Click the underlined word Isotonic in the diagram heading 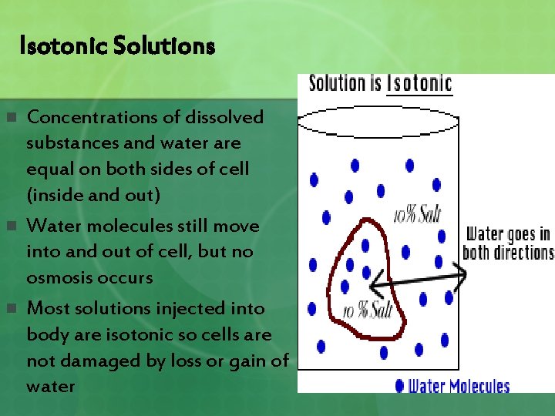[419, 83]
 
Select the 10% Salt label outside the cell [417, 213]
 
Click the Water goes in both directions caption [509, 243]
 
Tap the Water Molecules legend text [459, 385]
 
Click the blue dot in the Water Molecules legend [399, 385]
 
